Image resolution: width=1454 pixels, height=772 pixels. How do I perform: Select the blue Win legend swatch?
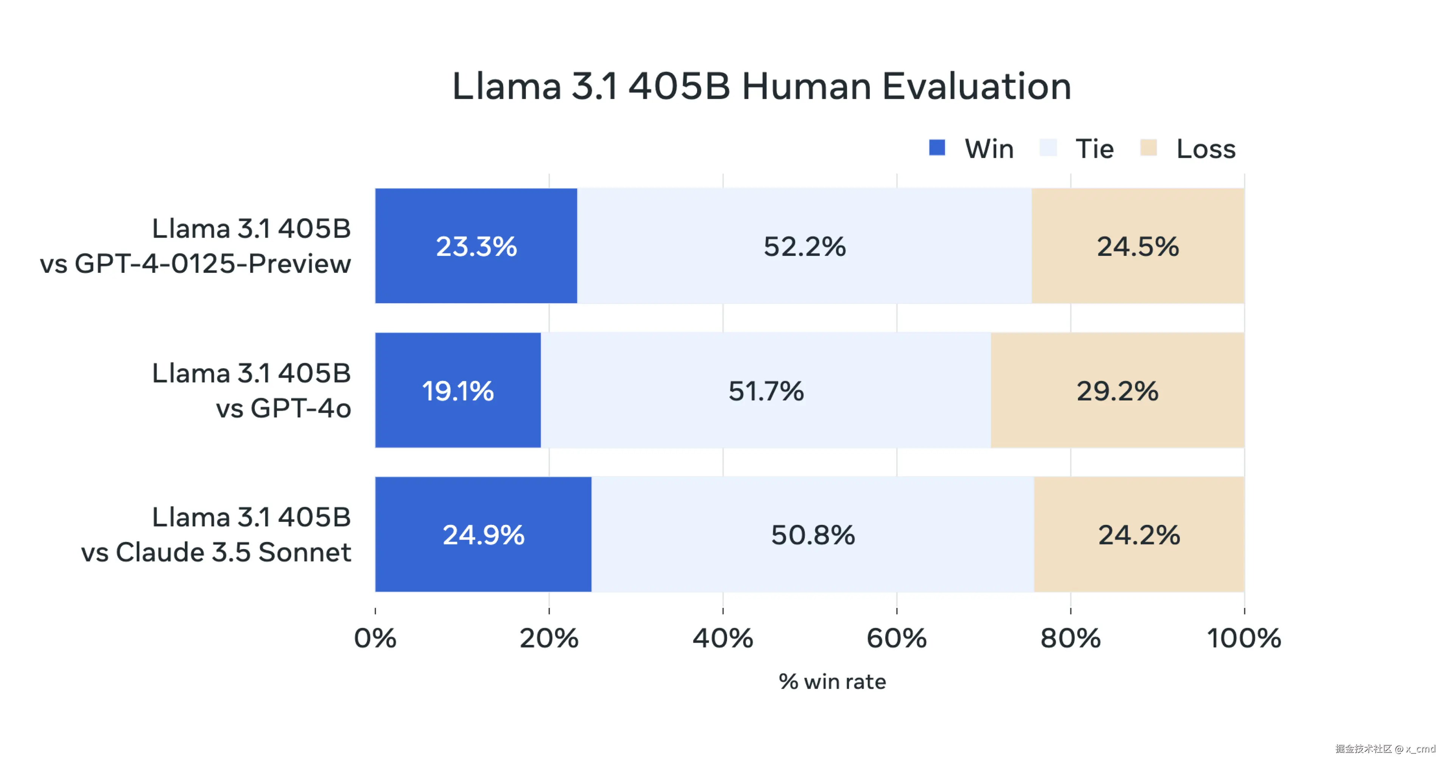click(937, 148)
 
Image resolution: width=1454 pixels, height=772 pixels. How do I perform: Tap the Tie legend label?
click(1094, 149)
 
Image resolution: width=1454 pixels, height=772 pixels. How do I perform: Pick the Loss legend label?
click(1206, 149)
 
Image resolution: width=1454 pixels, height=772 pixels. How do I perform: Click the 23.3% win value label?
click(476, 247)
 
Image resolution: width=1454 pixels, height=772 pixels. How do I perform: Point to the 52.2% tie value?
click(804, 247)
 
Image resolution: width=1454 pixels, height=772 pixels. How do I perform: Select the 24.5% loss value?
click(1137, 247)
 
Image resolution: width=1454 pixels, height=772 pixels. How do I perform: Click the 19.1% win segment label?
click(458, 391)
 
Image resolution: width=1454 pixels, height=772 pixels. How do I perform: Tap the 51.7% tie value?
click(765, 391)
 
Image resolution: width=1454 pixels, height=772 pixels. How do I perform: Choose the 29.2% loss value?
click(1117, 391)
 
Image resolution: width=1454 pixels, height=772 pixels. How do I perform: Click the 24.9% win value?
click(483, 535)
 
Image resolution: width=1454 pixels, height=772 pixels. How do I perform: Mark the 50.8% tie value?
click(813, 535)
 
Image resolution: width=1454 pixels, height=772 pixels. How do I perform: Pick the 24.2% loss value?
click(1139, 535)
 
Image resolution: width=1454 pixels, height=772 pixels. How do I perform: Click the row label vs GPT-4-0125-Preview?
click(195, 263)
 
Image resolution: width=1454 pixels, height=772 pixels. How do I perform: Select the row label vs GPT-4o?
click(283, 408)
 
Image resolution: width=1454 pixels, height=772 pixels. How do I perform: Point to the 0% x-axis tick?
click(375, 638)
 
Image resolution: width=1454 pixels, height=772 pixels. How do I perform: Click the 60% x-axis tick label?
click(896, 638)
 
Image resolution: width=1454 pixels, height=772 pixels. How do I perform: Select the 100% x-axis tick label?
click(1243, 638)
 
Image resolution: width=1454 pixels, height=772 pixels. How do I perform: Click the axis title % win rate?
click(832, 682)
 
